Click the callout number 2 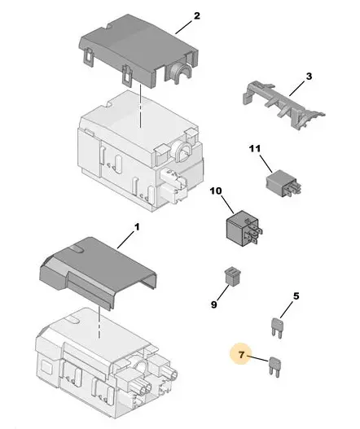click(197, 15)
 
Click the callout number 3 click(309, 77)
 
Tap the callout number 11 click(255, 149)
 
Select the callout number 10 click(216, 190)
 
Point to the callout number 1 click(137, 227)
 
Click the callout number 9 click(214, 304)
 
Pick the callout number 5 click(296, 296)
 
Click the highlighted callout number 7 click(241, 355)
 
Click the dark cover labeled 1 click(99, 272)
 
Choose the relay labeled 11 click(283, 183)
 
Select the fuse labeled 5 click(277, 327)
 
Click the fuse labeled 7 click(275, 367)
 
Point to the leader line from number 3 click(297, 89)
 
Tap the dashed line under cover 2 click(140, 106)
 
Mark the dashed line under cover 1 click(99, 322)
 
